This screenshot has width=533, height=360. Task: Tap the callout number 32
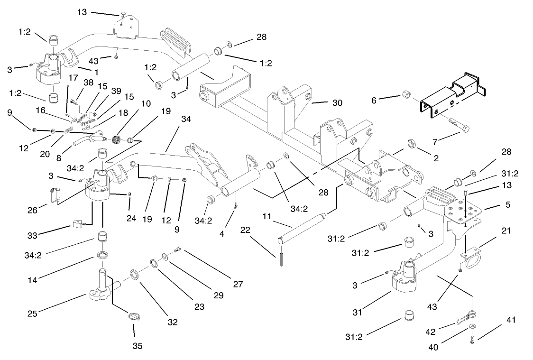click(172, 322)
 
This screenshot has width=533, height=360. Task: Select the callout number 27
click(237, 285)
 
